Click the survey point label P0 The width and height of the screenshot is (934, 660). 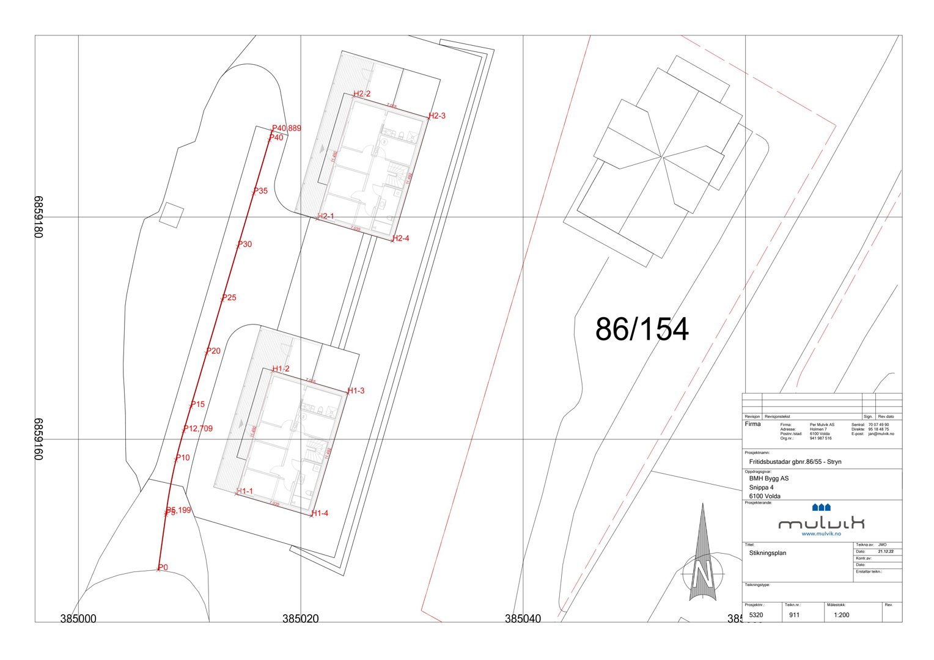click(x=163, y=568)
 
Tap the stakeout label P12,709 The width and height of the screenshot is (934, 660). click(x=198, y=428)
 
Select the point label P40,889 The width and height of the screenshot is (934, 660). click(x=287, y=128)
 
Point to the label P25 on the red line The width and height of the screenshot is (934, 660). click(x=229, y=298)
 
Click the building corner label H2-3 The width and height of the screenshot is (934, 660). click(x=437, y=116)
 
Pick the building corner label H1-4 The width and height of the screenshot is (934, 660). click(x=320, y=513)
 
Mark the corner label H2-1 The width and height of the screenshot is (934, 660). click(x=326, y=216)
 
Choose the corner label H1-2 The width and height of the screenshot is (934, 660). click(x=281, y=369)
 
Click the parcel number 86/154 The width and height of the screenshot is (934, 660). click(x=642, y=329)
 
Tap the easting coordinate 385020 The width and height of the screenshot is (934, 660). click(x=300, y=618)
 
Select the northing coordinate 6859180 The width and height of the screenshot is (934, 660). click(x=39, y=217)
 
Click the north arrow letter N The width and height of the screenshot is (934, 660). click(x=703, y=574)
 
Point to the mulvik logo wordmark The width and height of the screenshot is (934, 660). click(x=821, y=523)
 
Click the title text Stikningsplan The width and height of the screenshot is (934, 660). click(x=767, y=553)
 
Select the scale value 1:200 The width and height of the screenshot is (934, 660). click(x=841, y=615)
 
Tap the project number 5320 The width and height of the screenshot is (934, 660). click(x=756, y=615)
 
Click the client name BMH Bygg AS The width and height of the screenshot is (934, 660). click(x=768, y=479)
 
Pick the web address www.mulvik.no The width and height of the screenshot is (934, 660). click(x=821, y=533)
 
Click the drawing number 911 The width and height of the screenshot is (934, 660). click(x=794, y=615)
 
